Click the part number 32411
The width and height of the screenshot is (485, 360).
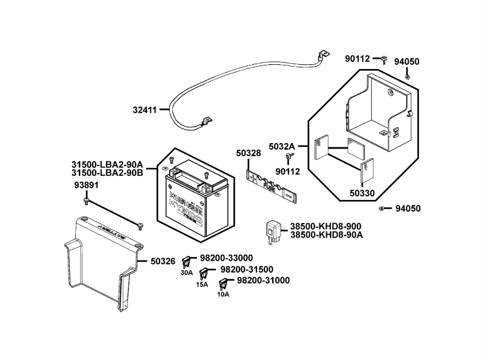tap(145, 110)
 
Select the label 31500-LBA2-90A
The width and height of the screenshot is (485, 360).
tap(107, 164)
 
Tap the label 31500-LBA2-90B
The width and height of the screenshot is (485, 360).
tap(107, 173)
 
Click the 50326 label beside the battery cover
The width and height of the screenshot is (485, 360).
tap(162, 262)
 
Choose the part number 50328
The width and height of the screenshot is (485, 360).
tap(249, 154)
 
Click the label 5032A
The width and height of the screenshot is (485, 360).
tap(282, 146)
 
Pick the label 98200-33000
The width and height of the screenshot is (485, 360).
tap(226, 258)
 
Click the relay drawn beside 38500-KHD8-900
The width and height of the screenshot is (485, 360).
tap(273, 231)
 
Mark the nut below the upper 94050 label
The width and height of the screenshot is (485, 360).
tap(407, 76)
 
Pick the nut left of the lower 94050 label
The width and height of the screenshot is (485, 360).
tap(381, 208)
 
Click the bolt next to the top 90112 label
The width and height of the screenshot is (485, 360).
tap(384, 59)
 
